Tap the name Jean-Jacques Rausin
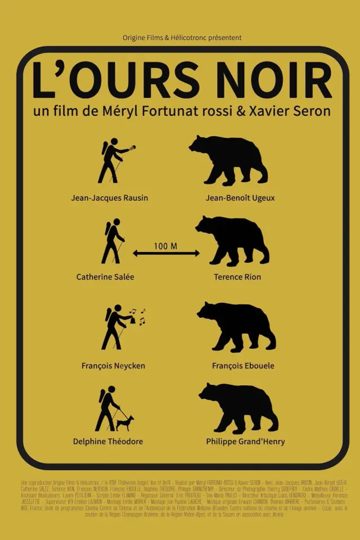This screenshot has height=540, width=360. pyautogui.click(x=110, y=197)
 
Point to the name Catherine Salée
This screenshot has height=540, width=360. pyautogui.click(x=105, y=277)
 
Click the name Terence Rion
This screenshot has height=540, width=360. pyautogui.click(x=237, y=277)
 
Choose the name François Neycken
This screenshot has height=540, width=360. pyautogui.click(x=113, y=366)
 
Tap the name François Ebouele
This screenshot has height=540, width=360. pyautogui.click(x=243, y=366)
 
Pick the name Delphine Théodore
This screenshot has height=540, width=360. pyautogui.click(x=108, y=442)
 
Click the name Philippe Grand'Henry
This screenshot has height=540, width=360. pyautogui.click(x=245, y=442)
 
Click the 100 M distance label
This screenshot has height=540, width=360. pyautogui.click(x=166, y=246)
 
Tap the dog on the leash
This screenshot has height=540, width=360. pyautogui.click(x=125, y=422)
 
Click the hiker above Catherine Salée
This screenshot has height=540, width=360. pyautogui.click(x=113, y=242)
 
